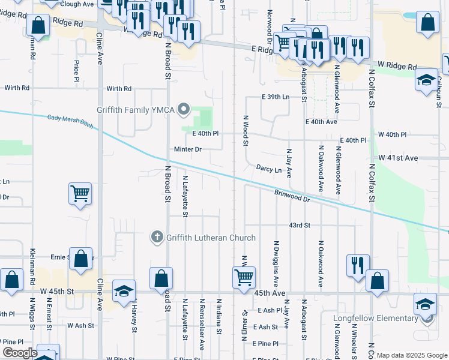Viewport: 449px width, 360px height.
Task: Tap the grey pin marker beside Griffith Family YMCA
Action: [185, 110]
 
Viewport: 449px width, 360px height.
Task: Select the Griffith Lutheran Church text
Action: [211, 238]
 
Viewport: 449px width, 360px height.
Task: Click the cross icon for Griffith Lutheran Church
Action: [157, 238]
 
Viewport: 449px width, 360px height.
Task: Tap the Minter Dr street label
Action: [188, 149]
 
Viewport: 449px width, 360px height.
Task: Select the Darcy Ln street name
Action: [269, 169]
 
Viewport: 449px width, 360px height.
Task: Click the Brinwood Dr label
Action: [292, 196]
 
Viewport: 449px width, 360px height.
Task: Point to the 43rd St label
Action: [299, 225]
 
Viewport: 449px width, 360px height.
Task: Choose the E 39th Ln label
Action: [276, 97]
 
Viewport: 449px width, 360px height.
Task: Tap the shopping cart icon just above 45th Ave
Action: [244, 278]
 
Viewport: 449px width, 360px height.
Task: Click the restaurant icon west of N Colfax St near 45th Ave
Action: [358, 265]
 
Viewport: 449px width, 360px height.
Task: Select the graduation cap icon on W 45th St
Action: [123, 292]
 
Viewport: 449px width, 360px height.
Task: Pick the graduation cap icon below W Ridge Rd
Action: [426, 80]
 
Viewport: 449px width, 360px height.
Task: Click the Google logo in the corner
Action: [20, 353]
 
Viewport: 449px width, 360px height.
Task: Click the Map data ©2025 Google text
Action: [411, 355]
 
